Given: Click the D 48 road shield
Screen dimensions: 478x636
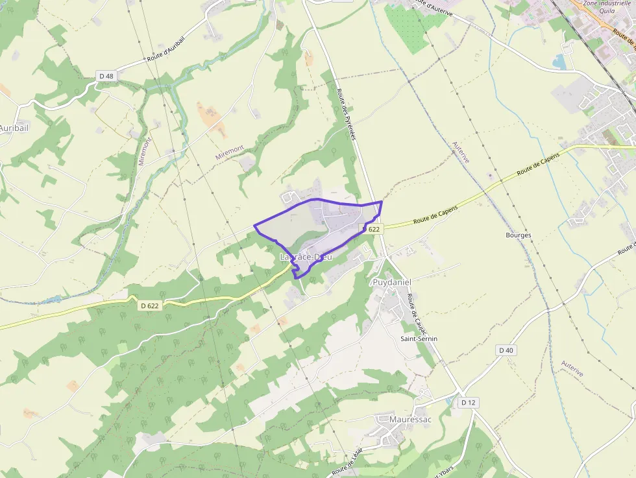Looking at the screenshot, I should click(x=106, y=76).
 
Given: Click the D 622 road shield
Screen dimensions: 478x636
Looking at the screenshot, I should click(x=150, y=305).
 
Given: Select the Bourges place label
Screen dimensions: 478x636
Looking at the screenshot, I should click(x=519, y=235).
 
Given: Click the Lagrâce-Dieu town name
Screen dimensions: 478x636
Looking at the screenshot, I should click(x=306, y=257).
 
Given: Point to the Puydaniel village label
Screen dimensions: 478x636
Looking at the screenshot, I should click(x=392, y=283).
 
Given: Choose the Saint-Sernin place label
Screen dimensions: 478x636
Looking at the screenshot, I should click(x=419, y=339).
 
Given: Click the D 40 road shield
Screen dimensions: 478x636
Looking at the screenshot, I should click(x=506, y=350).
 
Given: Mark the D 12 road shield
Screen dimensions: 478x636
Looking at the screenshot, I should click(x=468, y=403).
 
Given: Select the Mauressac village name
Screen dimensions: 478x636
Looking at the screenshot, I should click(x=410, y=420).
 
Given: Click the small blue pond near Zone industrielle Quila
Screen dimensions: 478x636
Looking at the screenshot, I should click(x=559, y=62).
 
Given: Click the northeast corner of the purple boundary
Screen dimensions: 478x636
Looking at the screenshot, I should click(x=381, y=202).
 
